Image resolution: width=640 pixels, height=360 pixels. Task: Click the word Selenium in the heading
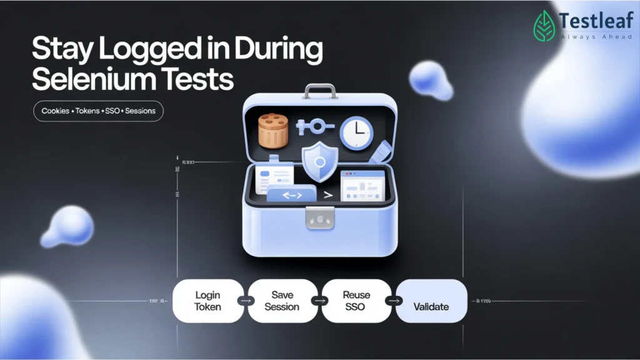click(x=91, y=80)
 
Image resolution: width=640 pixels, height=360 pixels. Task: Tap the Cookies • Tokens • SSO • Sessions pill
click(x=98, y=111)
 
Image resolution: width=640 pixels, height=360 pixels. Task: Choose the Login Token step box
click(x=208, y=301)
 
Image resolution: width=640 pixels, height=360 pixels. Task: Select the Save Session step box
click(x=282, y=301)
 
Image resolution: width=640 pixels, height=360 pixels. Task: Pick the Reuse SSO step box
click(x=356, y=301)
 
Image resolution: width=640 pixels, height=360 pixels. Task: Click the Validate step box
click(x=431, y=301)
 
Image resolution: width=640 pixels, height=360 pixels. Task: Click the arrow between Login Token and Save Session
click(x=246, y=301)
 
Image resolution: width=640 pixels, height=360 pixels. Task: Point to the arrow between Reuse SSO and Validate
click(x=394, y=301)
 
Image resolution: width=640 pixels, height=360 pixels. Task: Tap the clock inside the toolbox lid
click(x=356, y=132)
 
